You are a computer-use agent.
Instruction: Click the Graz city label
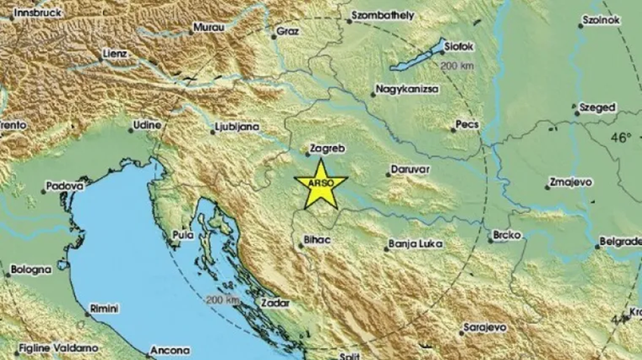[x=287, y=34]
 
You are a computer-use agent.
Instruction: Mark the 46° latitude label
[x=622, y=138]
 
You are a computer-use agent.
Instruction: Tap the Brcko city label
[x=510, y=236]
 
